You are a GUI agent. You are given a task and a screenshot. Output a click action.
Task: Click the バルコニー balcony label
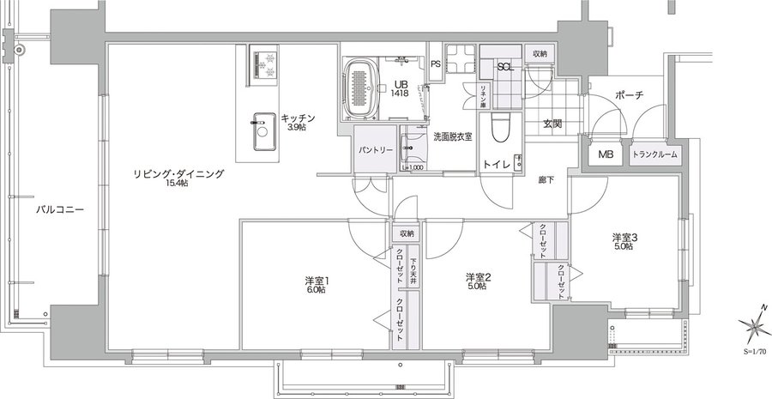point(59,209)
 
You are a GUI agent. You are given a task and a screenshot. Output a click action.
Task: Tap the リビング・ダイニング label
point(178,174)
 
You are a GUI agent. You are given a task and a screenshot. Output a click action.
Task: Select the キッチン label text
point(298,118)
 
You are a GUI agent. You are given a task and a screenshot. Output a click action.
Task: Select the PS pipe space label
point(435,63)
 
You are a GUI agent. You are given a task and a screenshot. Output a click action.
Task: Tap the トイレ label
point(497,163)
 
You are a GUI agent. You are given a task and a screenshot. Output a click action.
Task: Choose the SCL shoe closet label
point(505,66)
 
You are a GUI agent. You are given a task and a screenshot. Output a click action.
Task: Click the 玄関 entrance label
point(552,124)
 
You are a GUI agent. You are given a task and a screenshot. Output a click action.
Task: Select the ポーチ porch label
point(629,94)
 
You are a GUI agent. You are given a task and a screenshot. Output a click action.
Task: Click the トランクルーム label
point(654,154)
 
